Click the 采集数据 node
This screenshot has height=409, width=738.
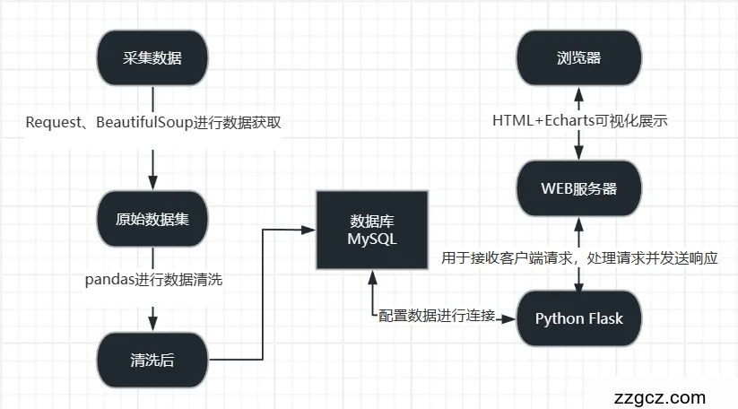tap(152, 59)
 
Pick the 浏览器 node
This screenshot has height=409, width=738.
tap(578, 59)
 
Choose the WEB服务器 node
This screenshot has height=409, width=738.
tap(578, 188)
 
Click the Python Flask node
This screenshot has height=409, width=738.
tap(578, 318)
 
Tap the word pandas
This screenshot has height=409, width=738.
tap(111, 281)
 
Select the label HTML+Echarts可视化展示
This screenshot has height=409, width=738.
tap(579, 121)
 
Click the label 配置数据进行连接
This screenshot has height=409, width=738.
tap(437, 316)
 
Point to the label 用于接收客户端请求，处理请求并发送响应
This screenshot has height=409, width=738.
tap(580, 258)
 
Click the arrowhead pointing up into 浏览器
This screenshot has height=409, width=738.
tap(578, 92)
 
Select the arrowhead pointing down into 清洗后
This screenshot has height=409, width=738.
tap(152, 324)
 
